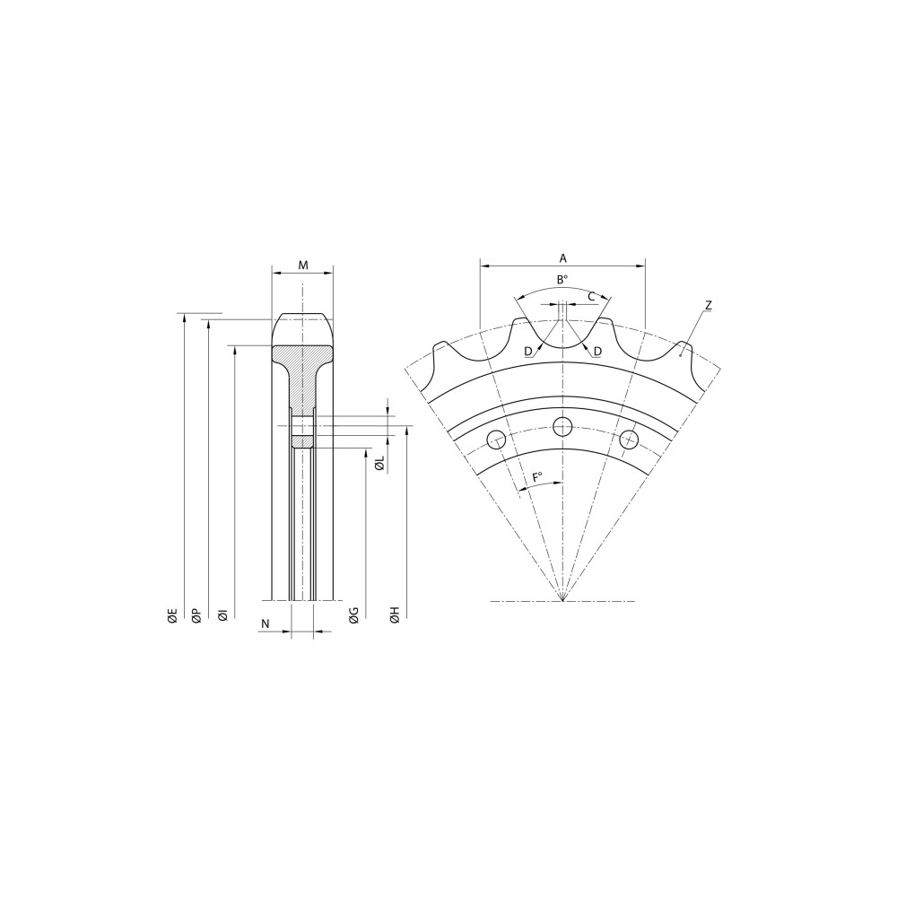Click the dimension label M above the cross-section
[x=303, y=266]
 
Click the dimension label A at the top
[x=562, y=257]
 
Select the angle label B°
[x=562, y=280]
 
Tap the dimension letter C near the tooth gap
[x=592, y=296]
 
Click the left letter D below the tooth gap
[x=528, y=351]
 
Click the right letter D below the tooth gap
[x=597, y=351]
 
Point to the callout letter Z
[x=708, y=306]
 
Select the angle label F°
[x=538, y=477]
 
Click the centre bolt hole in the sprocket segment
[x=562, y=426]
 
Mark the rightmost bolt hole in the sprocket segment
[x=629, y=439]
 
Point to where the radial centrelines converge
[x=562, y=600]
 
